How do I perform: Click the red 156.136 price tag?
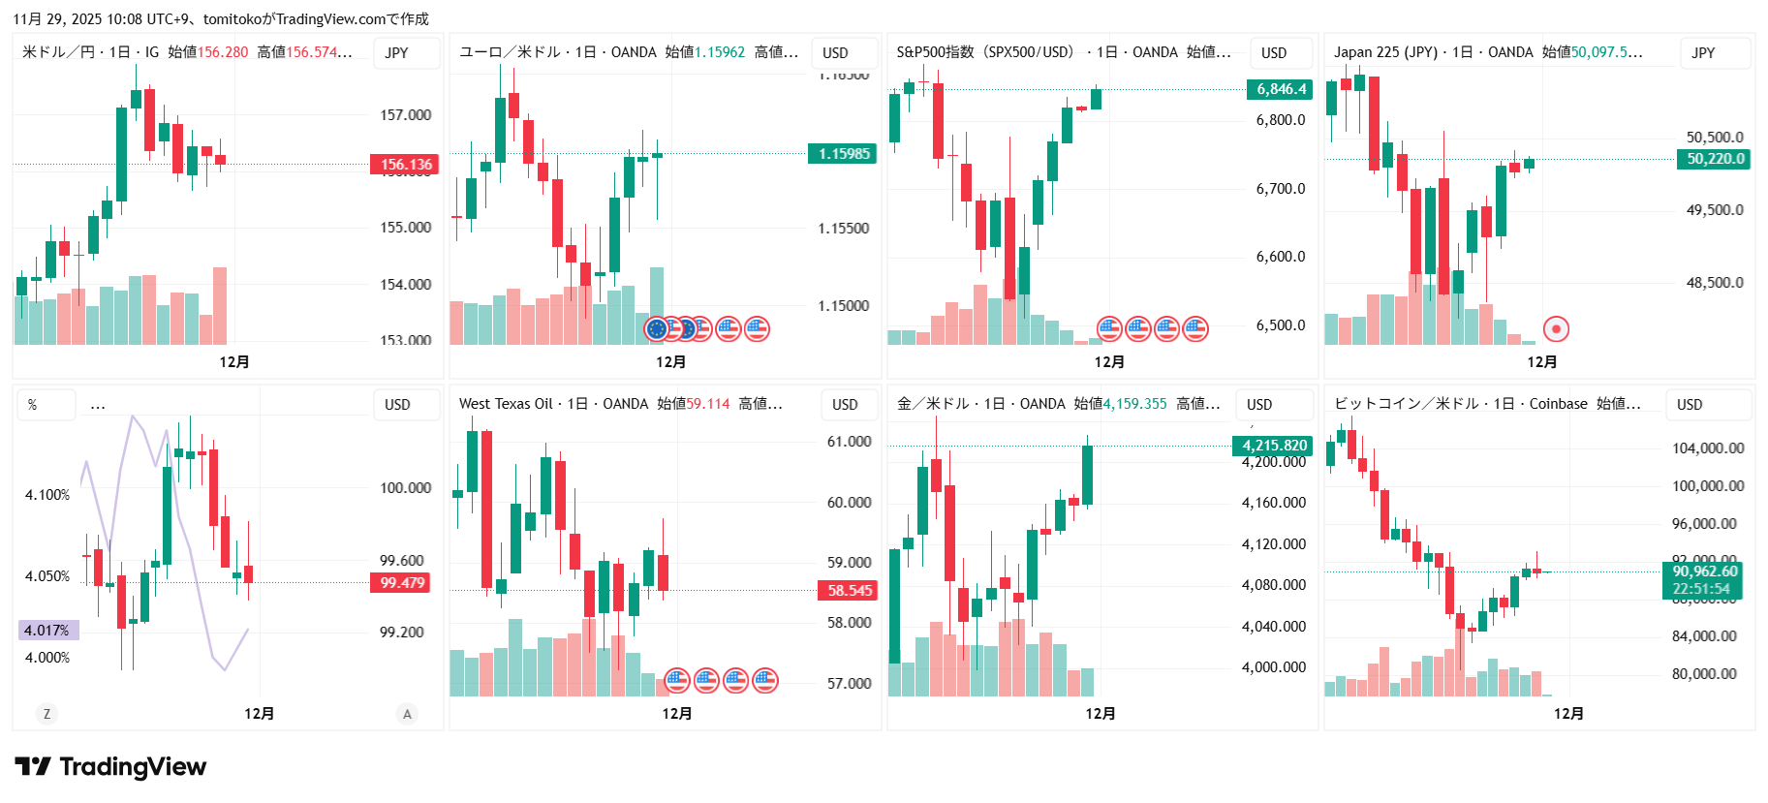coord(404,165)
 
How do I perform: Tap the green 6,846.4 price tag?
coord(1280,90)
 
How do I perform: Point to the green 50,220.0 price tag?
coord(1714,159)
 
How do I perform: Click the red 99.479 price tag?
coord(402,583)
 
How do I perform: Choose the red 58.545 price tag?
coord(849,591)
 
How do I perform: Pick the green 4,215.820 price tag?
coord(1273,446)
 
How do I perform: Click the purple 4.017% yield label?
coord(47,631)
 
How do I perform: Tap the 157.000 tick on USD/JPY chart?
coord(405,115)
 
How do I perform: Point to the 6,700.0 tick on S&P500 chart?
coord(1280,189)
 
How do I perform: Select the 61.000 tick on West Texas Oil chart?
coord(849,442)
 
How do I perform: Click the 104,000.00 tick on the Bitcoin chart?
coord(1707,448)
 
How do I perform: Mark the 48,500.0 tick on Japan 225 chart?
coord(1714,283)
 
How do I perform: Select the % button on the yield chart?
coord(33,405)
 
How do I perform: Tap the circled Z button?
coord(47,714)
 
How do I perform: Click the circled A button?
coord(407,714)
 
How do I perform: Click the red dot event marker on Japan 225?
coord(1556,329)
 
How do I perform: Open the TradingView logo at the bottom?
coord(111,767)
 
